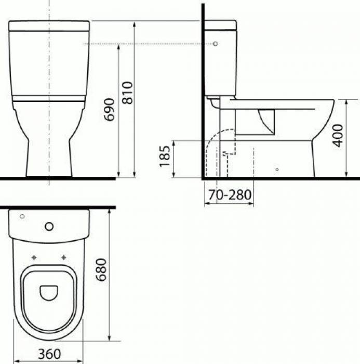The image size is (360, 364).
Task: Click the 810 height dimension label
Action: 128,93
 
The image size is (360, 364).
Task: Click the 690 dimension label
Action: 109,110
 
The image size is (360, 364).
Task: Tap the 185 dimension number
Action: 165,156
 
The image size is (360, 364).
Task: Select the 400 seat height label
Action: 338,136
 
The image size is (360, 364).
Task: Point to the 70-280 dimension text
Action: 230,195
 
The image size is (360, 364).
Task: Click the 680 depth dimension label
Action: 101,269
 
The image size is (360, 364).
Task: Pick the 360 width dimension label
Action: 49,354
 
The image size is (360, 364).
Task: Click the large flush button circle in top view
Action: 49,226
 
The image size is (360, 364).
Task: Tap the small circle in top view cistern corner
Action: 22,216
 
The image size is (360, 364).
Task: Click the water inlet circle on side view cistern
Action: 215,44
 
